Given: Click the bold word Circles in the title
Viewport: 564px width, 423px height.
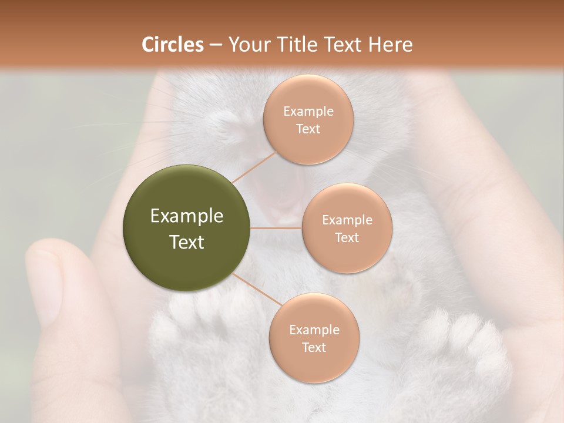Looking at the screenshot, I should pyautogui.click(x=172, y=45).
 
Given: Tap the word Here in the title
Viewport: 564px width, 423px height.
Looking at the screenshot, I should pyautogui.click(x=390, y=45).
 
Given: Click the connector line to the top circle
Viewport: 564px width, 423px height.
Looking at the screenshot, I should pyautogui.click(x=254, y=167).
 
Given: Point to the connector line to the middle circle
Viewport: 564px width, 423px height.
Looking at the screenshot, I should pyautogui.click(x=276, y=228).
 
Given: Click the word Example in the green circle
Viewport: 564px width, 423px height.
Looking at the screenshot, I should pyautogui.click(x=187, y=216).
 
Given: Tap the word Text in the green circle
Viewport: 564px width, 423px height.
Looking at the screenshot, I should pyautogui.click(x=187, y=242).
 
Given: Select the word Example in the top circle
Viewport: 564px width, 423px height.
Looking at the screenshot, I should pyautogui.click(x=308, y=111).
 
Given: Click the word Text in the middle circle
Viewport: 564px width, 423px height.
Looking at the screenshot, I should pyautogui.click(x=347, y=237).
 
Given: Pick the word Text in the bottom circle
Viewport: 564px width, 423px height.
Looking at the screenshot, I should pyautogui.click(x=314, y=347).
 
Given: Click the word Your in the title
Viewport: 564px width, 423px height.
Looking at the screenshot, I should pyautogui.click(x=247, y=45).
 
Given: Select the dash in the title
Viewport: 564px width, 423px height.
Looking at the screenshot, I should pyautogui.click(x=215, y=45).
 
